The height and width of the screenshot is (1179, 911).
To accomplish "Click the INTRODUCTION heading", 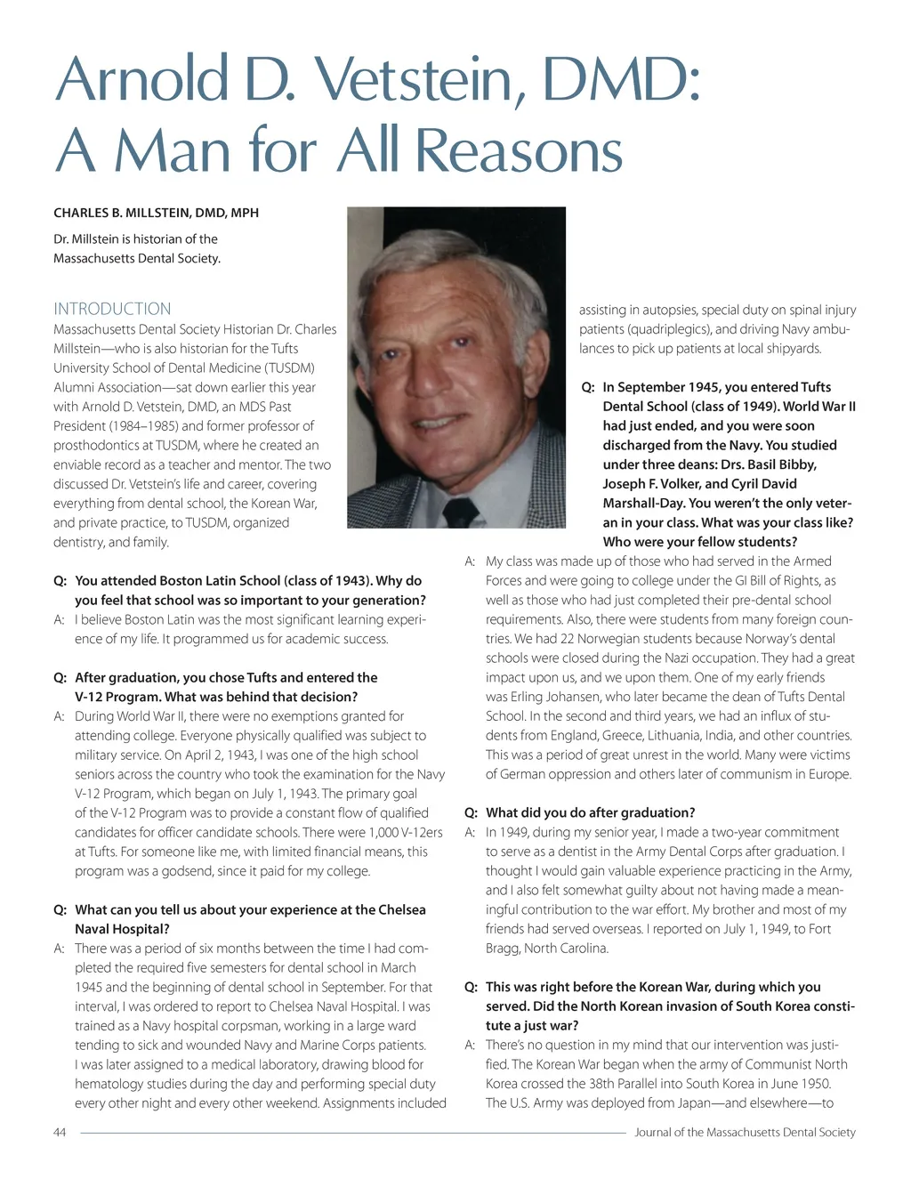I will [x=112, y=309].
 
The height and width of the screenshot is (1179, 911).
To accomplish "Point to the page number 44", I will [x=60, y=1132].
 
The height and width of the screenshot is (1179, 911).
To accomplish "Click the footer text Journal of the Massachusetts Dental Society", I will [x=745, y=1132].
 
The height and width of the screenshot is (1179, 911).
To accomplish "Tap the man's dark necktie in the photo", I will [x=460, y=510].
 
